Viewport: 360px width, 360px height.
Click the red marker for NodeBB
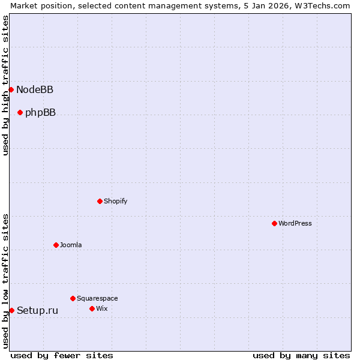(x=11, y=89)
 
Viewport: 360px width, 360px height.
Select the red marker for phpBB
(x=20, y=112)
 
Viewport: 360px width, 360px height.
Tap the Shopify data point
(x=100, y=201)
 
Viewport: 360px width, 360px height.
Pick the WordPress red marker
(x=274, y=223)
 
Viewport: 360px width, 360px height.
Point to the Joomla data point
(x=56, y=245)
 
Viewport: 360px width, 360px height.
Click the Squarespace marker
(x=73, y=298)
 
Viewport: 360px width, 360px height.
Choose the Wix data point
(x=92, y=308)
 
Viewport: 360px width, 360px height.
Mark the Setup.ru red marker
(x=11, y=310)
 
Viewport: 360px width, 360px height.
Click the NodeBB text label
(x=35, y=90)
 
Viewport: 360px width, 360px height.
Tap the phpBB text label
(x=40, y=113)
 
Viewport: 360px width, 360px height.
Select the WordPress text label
(x=295, y=223)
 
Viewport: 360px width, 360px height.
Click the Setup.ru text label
(x=37, y=310)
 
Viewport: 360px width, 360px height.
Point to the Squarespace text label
(x=97, y=298)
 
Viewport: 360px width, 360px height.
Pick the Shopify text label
(x=115, y=201)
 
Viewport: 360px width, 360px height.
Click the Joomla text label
(x=71, y=245)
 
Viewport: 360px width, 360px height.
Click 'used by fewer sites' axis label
(x=62, y=355)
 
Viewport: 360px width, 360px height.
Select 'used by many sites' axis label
(x=301, y=355)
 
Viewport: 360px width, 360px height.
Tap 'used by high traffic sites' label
(x=5, y=85)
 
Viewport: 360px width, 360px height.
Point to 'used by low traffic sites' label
(x=5, y=281)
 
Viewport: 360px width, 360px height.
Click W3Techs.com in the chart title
(x=322, y=5)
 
